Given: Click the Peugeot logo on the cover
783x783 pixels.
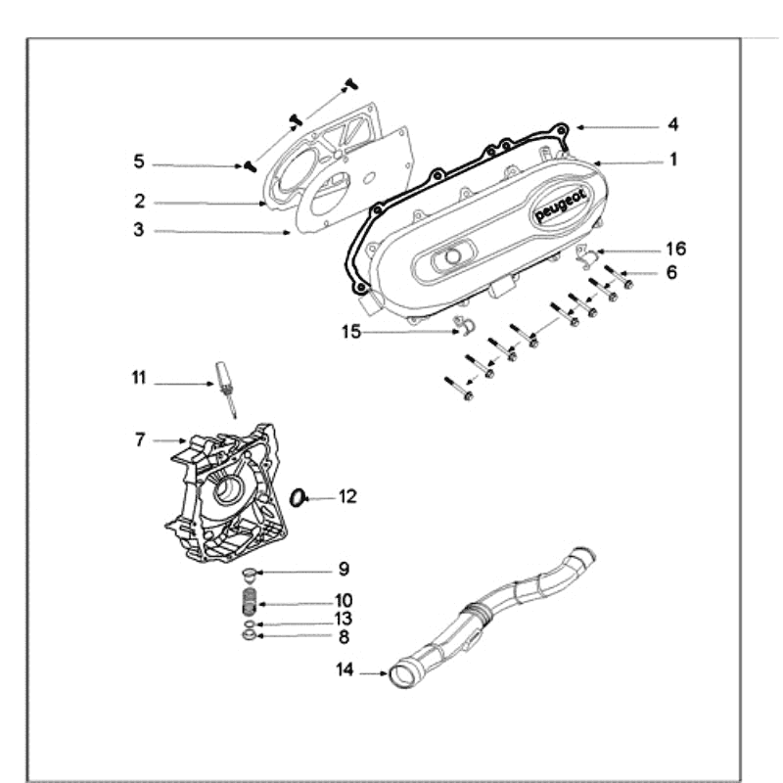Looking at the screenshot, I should pos(561,207).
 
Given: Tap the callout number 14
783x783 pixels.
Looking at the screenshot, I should pos(344,670).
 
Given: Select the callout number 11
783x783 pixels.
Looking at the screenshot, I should pos(139,378).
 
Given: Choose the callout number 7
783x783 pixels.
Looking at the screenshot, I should pos(140,440).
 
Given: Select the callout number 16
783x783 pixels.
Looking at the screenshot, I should pos(676,249).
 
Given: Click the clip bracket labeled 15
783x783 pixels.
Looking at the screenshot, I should pos(464,326).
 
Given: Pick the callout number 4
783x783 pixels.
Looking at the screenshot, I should pos(673,125).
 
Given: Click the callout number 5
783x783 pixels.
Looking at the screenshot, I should pos(139,161).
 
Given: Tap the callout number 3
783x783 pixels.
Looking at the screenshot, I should pos(139,230).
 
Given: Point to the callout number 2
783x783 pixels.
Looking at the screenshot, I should pos(140,202).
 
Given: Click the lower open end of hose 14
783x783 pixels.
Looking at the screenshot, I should pos(401,674).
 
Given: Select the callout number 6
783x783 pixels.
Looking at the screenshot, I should pos(671,273).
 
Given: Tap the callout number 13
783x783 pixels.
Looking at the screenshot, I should pos(343,619).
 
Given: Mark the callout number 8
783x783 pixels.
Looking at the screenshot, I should pos(343,636).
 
